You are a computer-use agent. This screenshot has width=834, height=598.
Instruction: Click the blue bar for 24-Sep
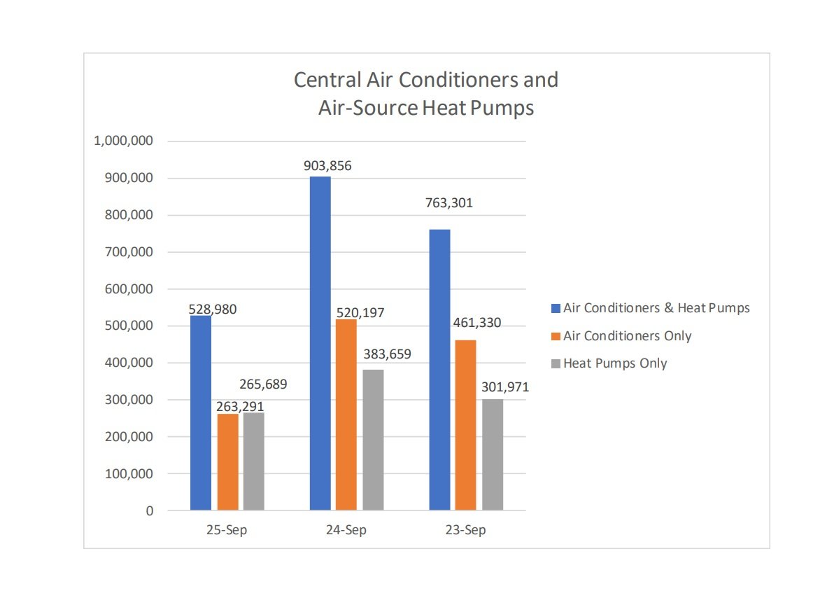[320, 343]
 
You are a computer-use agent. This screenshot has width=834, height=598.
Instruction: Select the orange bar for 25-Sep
[227, 461]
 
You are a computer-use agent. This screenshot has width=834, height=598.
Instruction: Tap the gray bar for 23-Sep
[493, 454]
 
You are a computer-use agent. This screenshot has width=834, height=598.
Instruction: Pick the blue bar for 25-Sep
[201, 412]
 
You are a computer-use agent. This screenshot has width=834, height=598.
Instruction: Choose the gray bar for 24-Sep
[373, 439]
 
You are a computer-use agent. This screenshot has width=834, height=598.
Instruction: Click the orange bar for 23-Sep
[465, 425]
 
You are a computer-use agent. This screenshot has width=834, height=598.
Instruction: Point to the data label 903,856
[327, 166]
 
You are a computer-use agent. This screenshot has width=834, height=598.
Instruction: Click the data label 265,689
[263, 384]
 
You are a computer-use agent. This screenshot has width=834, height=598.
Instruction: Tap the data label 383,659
[387, 354]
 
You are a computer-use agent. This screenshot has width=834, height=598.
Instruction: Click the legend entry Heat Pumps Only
[615, 363]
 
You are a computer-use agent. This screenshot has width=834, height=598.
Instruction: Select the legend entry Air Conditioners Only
[627, 336]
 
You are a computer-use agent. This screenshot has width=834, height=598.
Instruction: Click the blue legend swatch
[556, 308]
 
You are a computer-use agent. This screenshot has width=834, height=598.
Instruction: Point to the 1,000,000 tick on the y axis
[123, 141]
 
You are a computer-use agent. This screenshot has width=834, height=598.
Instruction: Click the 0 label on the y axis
[148, 510]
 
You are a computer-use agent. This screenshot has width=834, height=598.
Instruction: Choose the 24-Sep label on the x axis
[346, 530]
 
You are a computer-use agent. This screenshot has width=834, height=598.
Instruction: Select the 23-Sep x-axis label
[466, 530]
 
